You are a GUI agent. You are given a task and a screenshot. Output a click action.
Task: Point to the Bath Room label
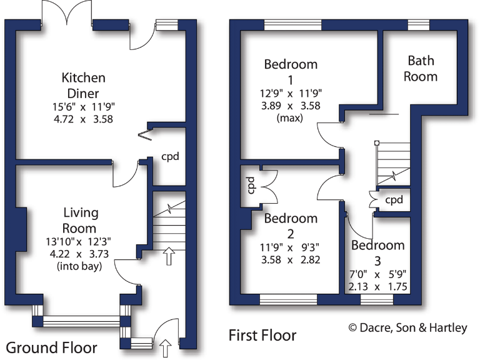click(x=421, y=68)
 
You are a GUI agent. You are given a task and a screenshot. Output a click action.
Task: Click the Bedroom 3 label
click(x=377, y=252)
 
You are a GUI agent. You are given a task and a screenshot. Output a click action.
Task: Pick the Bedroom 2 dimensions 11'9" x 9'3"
click(x=290, y=247)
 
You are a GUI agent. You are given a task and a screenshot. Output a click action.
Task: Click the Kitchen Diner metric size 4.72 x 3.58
click(x=82, y=119)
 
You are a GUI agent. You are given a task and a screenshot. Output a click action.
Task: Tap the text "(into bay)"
click(x=79, y=266)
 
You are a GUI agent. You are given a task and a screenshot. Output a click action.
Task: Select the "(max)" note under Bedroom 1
click(x=291, y=117)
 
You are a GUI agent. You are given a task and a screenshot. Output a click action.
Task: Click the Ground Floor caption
click(x=52, y=347)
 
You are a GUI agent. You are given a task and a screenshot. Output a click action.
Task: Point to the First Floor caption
click(x=262, y=336)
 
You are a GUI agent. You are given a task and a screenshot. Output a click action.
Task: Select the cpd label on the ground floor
click(x=170, y=156)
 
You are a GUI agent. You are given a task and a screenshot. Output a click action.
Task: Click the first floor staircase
click(x=392, y=162)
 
